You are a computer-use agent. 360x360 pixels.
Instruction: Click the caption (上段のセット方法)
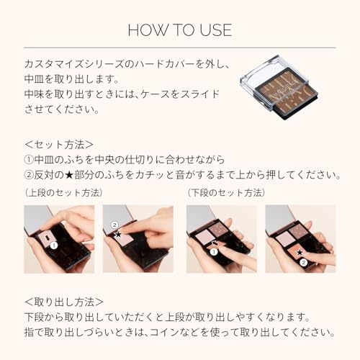(63, 193)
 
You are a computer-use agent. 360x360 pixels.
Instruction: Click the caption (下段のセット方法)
(225, 193)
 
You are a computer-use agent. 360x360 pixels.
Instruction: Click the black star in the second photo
(117, 234)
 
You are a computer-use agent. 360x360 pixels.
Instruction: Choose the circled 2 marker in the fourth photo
(305, 264)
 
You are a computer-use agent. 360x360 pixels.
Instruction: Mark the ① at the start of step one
(29, 160)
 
